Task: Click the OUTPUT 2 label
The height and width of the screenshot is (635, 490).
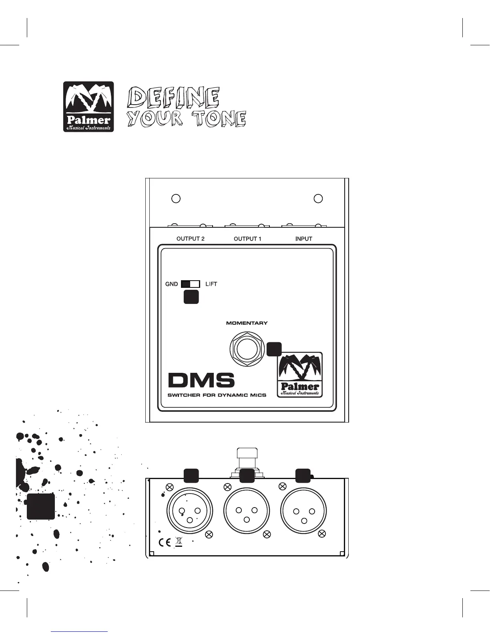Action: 191,239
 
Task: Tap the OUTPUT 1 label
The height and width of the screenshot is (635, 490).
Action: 247,239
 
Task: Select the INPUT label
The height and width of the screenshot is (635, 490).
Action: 304,239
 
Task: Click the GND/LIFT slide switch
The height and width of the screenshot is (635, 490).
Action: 191,284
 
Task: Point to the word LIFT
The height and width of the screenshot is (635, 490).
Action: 211,284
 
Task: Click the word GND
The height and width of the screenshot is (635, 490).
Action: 172,284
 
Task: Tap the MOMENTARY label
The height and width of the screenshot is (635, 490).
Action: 247,323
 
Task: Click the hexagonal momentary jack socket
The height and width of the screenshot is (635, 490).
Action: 246,349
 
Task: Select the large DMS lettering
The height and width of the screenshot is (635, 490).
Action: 201,380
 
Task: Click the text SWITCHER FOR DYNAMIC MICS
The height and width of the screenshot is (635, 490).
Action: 217,395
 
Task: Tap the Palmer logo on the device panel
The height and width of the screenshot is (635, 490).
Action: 300,375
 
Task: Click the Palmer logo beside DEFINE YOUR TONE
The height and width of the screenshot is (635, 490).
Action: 88,107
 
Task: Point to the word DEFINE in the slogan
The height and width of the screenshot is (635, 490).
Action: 173,97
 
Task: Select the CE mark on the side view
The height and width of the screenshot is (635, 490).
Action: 165,543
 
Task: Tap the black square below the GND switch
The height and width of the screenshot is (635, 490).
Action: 191,297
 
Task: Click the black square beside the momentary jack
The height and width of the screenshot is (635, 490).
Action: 274,349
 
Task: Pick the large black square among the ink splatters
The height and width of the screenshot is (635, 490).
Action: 41,506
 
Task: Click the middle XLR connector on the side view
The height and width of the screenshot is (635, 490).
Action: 247,512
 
